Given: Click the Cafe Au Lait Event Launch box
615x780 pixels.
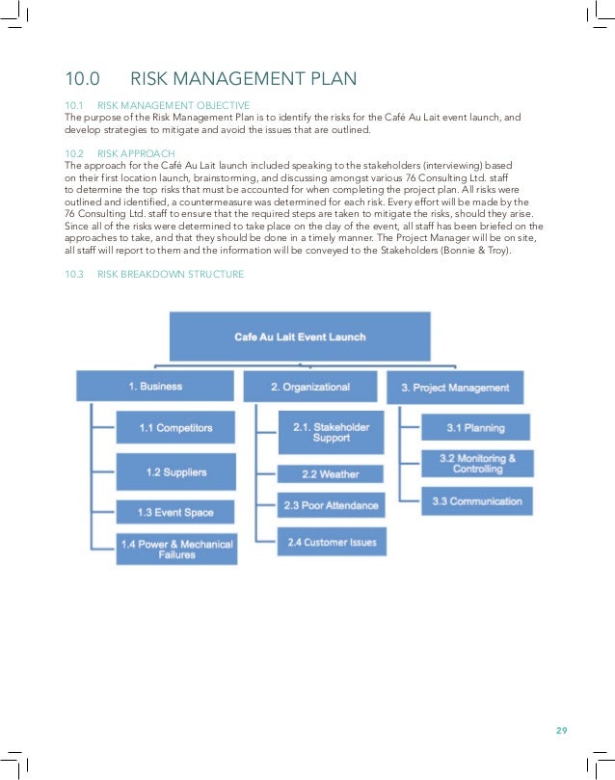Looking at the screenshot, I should (300, 336).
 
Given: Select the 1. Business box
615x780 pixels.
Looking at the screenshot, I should (154, 387).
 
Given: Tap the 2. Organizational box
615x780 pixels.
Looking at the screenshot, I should (309, 387).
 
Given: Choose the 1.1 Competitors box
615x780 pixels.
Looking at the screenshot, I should (174, 427).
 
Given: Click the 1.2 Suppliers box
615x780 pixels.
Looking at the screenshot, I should (175, 471).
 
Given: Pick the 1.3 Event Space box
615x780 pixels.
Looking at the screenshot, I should (174, 512).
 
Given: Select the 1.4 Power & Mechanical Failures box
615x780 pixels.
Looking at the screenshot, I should (175, 550).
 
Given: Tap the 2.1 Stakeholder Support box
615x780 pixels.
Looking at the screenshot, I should (331, 432).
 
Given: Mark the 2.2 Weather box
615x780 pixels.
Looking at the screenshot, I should (330, 474).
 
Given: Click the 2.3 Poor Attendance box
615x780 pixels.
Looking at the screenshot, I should (331, 504).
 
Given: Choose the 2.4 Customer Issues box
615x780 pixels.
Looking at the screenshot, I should (332, 542).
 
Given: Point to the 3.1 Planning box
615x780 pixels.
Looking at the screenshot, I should (476, 427).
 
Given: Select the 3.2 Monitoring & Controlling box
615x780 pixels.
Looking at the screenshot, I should (476, 463).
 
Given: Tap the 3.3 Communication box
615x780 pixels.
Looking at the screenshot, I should (476, 501).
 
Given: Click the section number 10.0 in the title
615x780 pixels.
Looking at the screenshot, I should (82, 79).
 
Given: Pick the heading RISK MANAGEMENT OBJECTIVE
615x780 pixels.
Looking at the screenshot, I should (174, 105).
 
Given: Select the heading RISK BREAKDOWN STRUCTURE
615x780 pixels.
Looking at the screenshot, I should (171, 275).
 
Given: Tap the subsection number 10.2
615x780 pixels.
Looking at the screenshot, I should (74, 153).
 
